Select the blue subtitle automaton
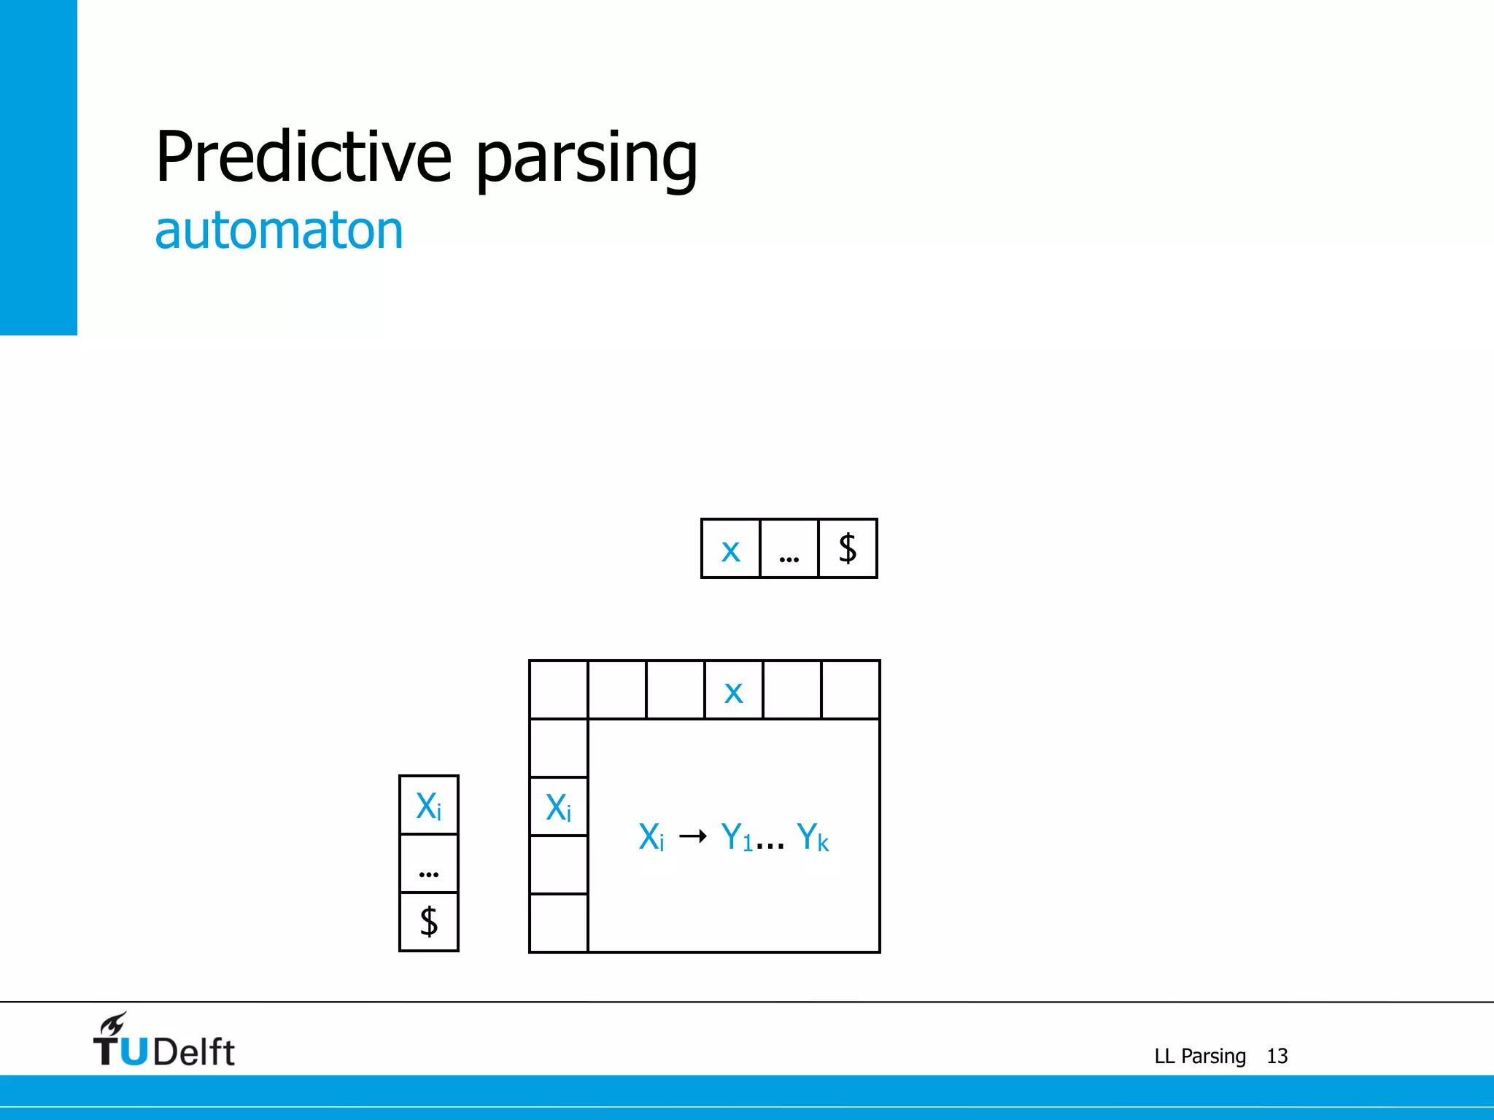click(279, 230)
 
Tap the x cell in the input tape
click(730, 549)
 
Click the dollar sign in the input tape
click(847, 548)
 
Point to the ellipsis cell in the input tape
click(789, 549)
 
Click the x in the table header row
click(733, 691)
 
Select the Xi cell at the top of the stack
click(428, 806)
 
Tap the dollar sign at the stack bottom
click(428, 922)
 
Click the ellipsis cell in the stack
click(428, 864)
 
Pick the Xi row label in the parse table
click(558, 807)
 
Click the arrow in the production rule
click(692, 836)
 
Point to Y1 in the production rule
click(736, 837)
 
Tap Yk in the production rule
click(812, 837)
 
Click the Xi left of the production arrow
click(651, 837)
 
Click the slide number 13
click(1277, 1056)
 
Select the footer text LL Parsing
click(1200, 1056)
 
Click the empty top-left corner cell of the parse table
click(558, 690)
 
